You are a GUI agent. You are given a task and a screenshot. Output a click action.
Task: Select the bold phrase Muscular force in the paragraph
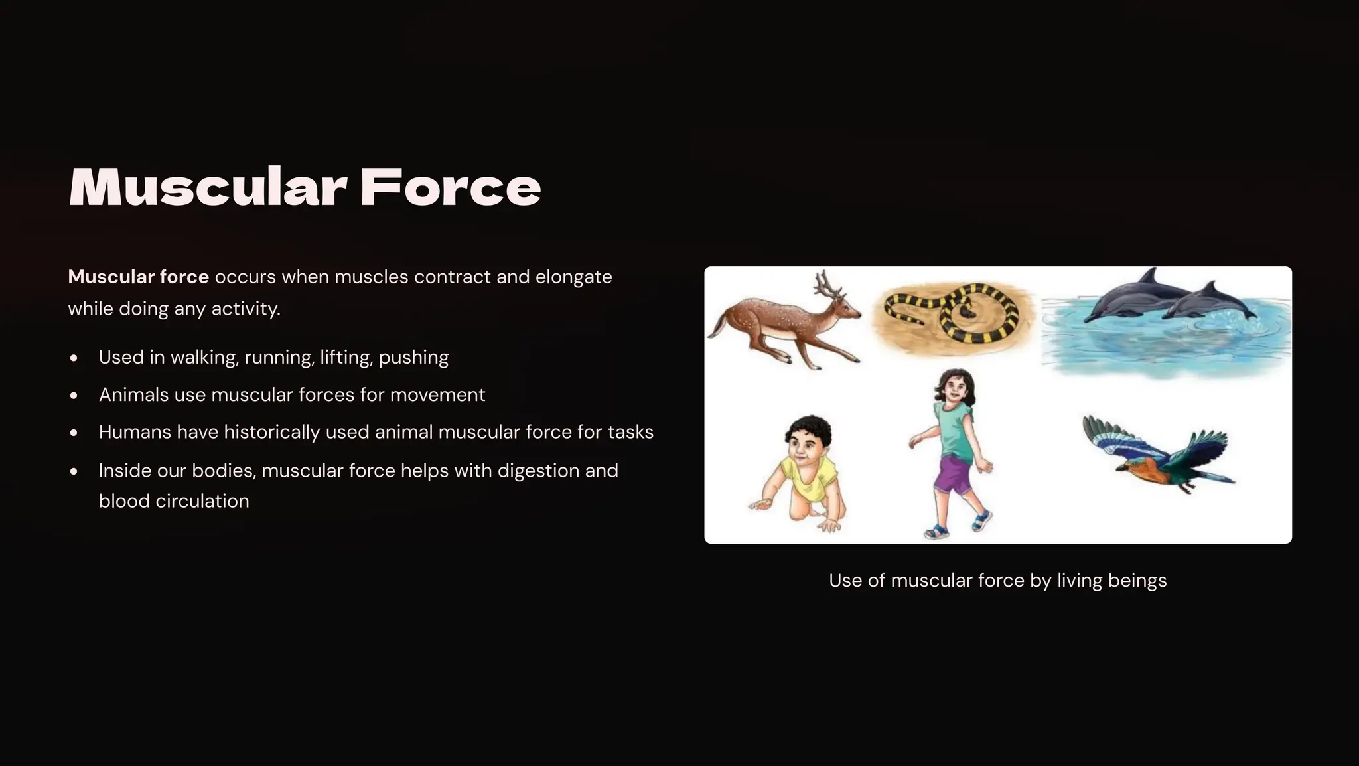point(138,277)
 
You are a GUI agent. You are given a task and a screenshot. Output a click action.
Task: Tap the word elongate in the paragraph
point(573,277)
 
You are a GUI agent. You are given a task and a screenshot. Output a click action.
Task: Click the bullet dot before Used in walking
point(74,358)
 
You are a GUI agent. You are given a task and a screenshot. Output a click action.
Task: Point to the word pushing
point(413,358)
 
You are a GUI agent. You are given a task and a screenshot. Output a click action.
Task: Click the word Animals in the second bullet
point(133,395)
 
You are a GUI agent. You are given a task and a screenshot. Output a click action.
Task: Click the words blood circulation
point(174,501)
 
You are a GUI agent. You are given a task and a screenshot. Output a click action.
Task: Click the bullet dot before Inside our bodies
point(74,471)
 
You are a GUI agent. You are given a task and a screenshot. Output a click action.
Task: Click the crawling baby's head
point(808,438)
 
